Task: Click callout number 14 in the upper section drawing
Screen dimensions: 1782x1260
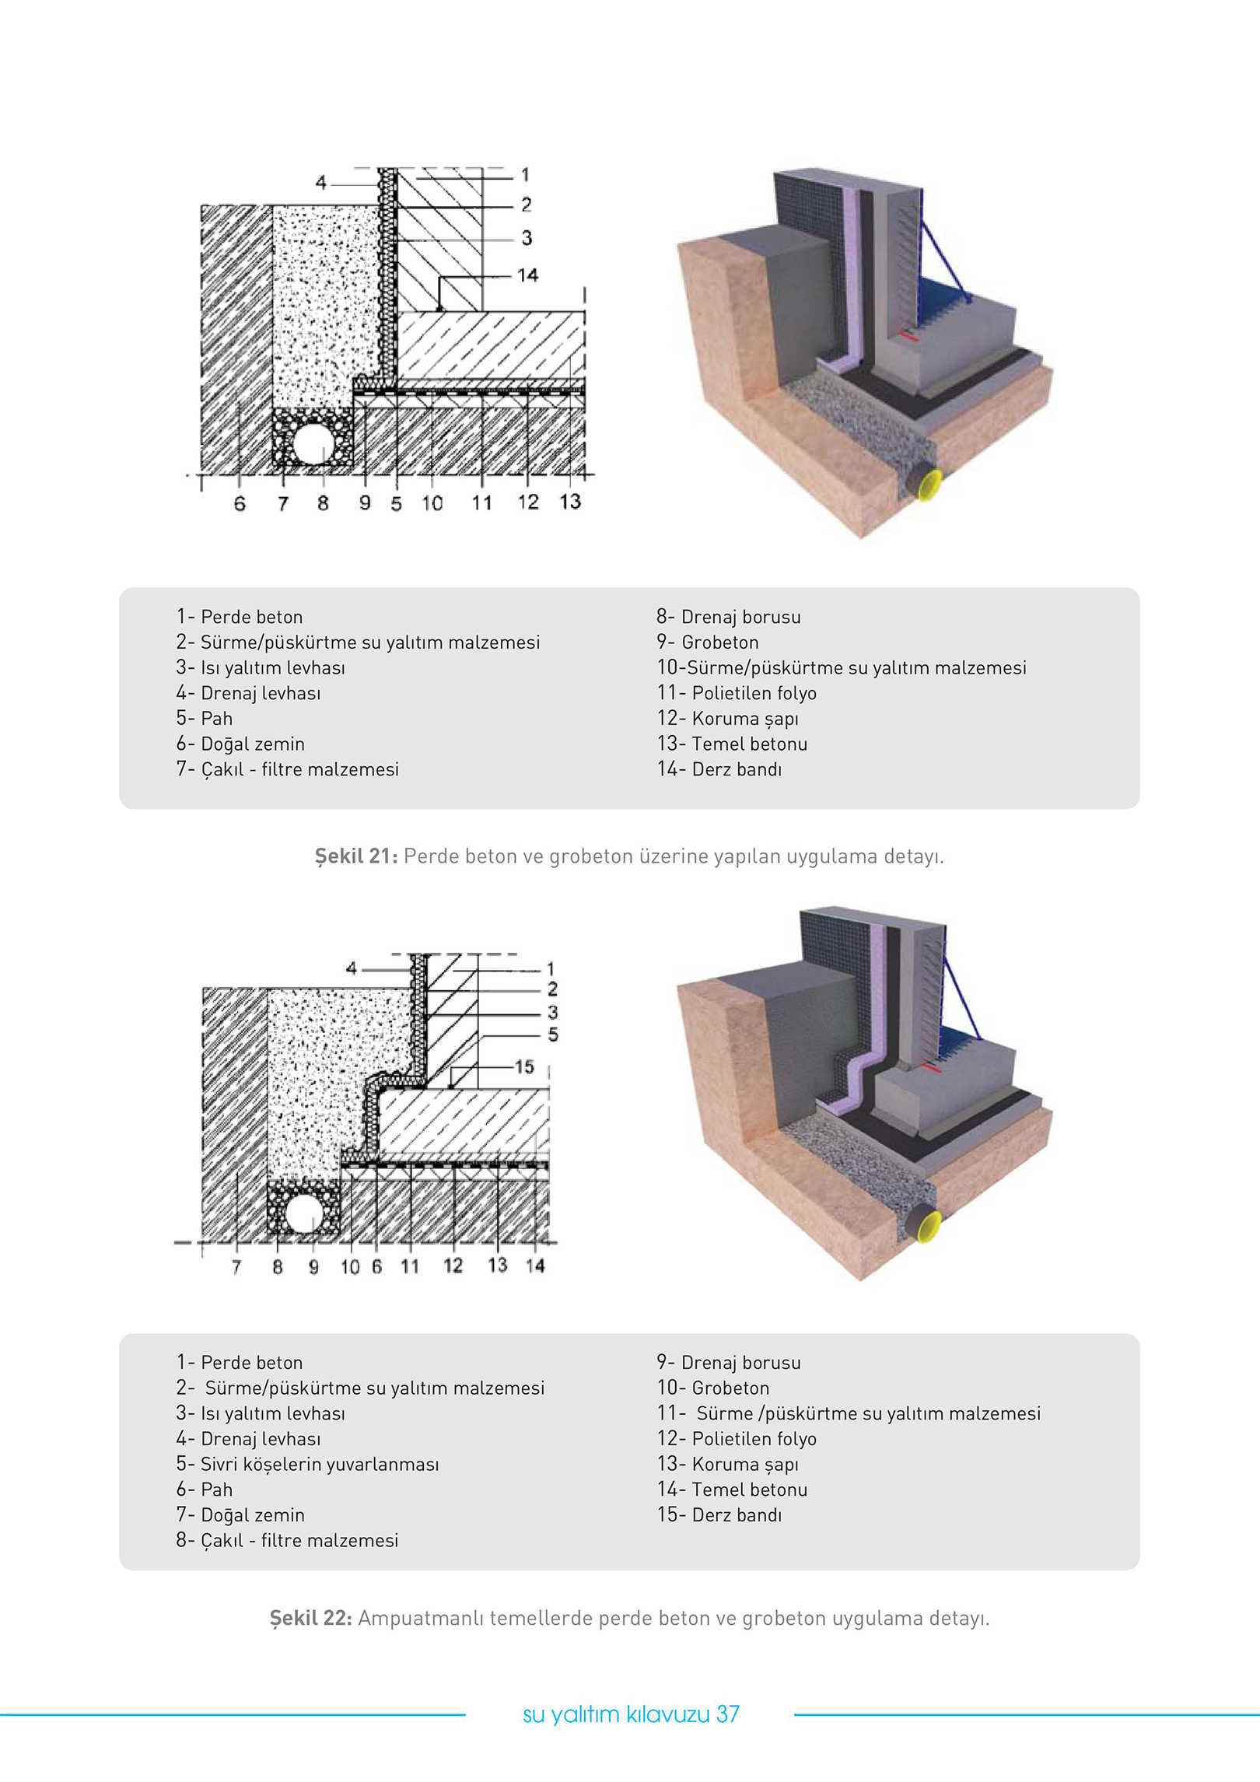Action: point(527,275)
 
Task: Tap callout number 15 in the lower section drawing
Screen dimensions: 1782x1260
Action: point(524,1066)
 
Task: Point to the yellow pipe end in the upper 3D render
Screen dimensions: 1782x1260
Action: point(929,485)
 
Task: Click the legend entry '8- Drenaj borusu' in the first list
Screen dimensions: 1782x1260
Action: point(728,617)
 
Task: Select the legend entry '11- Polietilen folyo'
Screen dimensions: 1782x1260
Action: point(737,693)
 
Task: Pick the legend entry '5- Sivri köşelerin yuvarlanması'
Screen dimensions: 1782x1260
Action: point(307,1464)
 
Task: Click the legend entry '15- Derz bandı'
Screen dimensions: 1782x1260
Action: point(719,1514)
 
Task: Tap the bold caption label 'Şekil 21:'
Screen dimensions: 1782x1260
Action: point(356,856)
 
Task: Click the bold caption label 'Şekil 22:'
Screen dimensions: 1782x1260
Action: point(310,1619)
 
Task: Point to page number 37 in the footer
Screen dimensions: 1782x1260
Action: point(728,1714)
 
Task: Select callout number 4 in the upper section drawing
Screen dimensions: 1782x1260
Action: point(320,182)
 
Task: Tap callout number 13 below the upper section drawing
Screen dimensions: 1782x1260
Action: point(570,502)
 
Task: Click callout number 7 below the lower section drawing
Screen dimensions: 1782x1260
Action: point(236,1266)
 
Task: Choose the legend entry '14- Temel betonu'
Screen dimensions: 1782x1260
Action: point(732,1490)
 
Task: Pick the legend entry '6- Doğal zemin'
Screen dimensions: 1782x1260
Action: point(240,744)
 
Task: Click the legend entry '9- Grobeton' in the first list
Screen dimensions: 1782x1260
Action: point(707,642)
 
